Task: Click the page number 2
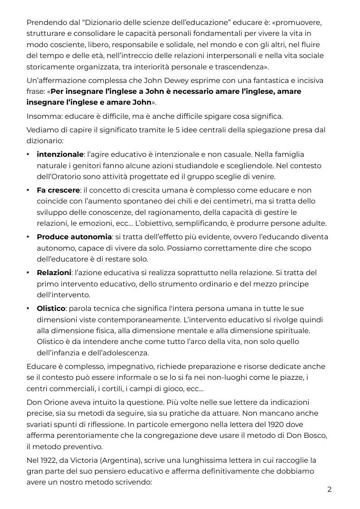[330, 490]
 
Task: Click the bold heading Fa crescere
[58, 190]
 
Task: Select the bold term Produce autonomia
[74, 237]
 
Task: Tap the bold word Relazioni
[54, 273]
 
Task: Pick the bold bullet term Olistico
[51, 309]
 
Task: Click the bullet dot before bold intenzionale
[29, 155]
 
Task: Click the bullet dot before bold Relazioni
[29, 273]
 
